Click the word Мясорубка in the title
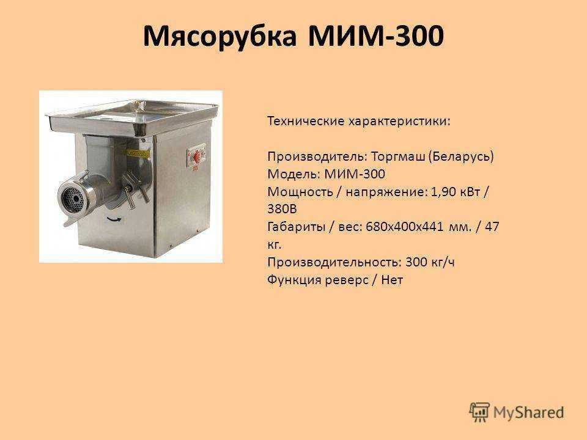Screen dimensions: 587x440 tap(220, 36)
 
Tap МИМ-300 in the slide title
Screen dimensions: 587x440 tap(376, 35)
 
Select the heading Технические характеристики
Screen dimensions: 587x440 tap(359, 121)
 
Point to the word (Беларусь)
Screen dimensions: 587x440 tap(461, 156)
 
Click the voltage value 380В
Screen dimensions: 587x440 tap(282, 209)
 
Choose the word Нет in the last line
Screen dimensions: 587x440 tap(392, 279)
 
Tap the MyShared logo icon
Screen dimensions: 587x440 tap(479, 412)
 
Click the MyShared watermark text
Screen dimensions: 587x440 tap(528, 413)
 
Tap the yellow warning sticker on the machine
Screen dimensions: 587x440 tap(138, 153)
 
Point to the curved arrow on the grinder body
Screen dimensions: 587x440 tap(114, 219)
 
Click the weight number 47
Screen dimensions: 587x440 tap(492, 227)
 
